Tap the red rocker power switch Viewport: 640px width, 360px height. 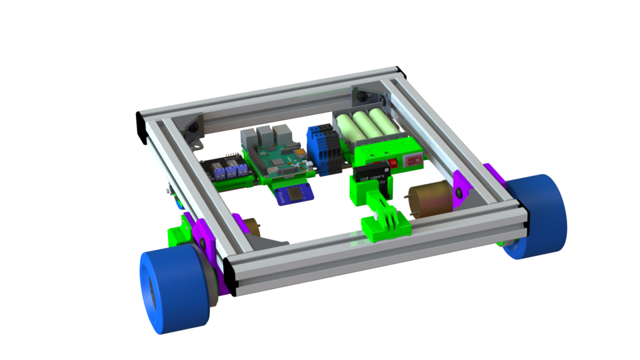point(415,160)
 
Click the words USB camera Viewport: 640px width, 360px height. point(373,177)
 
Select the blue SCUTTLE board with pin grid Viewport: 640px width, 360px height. point(293,195)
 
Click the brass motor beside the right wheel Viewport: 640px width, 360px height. point(427,200)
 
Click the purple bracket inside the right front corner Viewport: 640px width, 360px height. point(460,188)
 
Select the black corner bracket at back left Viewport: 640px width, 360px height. point(194,127)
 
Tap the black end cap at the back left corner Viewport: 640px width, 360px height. point(141,129)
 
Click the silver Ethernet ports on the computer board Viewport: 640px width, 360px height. point(261,139)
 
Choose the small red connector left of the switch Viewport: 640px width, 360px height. point(393,162)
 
